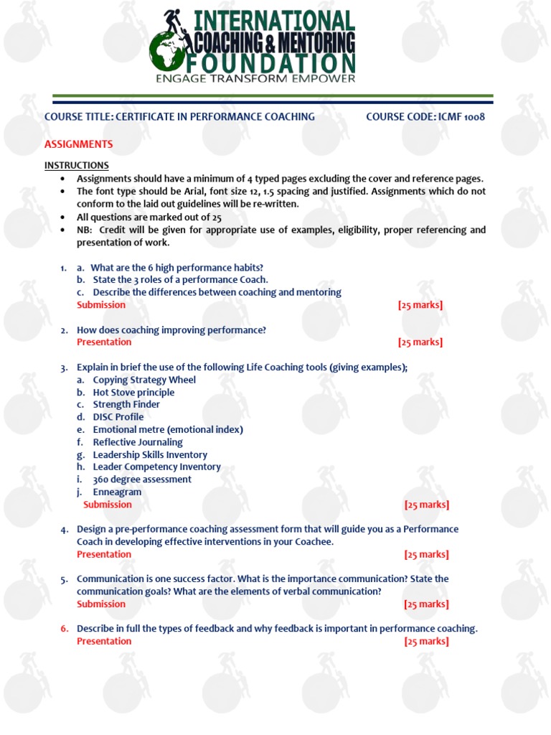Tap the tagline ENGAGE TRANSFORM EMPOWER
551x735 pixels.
(x=255, y=79)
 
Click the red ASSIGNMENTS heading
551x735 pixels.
(x=79, y=144)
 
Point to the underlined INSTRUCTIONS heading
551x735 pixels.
(x=77, y=166)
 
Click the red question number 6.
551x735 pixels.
(x=64, y=629)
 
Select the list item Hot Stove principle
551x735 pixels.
(x=133, y=393)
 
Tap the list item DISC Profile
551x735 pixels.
(x=118, y=417)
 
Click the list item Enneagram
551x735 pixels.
(x=117, y=492)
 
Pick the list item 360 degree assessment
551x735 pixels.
(x=142, y=479)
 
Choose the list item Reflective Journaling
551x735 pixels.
(x=138, y=442)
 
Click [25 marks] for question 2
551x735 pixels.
(x=420, y=342)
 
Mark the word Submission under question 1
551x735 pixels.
(x=101, y=305)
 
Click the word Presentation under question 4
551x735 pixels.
(x=104, y=554)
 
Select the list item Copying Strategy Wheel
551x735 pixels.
(x=144, y=380)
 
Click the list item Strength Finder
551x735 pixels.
(x=126, y=405)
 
